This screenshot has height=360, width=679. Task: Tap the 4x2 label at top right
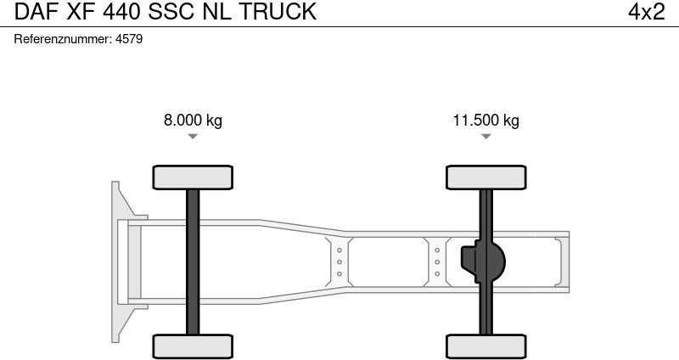tap(646, 12)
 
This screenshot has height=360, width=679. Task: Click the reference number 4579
tap(129, 40)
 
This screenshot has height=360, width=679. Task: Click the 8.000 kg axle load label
tap(193, 121)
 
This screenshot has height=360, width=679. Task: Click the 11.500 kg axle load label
tap(485, 121)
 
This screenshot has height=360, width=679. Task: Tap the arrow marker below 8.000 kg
tap(193, 137)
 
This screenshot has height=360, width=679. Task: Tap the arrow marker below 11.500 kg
tap(485, 137)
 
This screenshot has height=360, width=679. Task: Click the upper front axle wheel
tap(193, 177)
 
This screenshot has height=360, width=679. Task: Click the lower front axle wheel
tap(193, 346)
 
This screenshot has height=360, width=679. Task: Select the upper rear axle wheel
tap(485, 177)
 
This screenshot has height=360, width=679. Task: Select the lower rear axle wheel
tap(485, 346)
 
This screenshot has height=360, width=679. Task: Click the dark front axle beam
tap(193, 262)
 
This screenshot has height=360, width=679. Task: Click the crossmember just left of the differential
tap(437, 262)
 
